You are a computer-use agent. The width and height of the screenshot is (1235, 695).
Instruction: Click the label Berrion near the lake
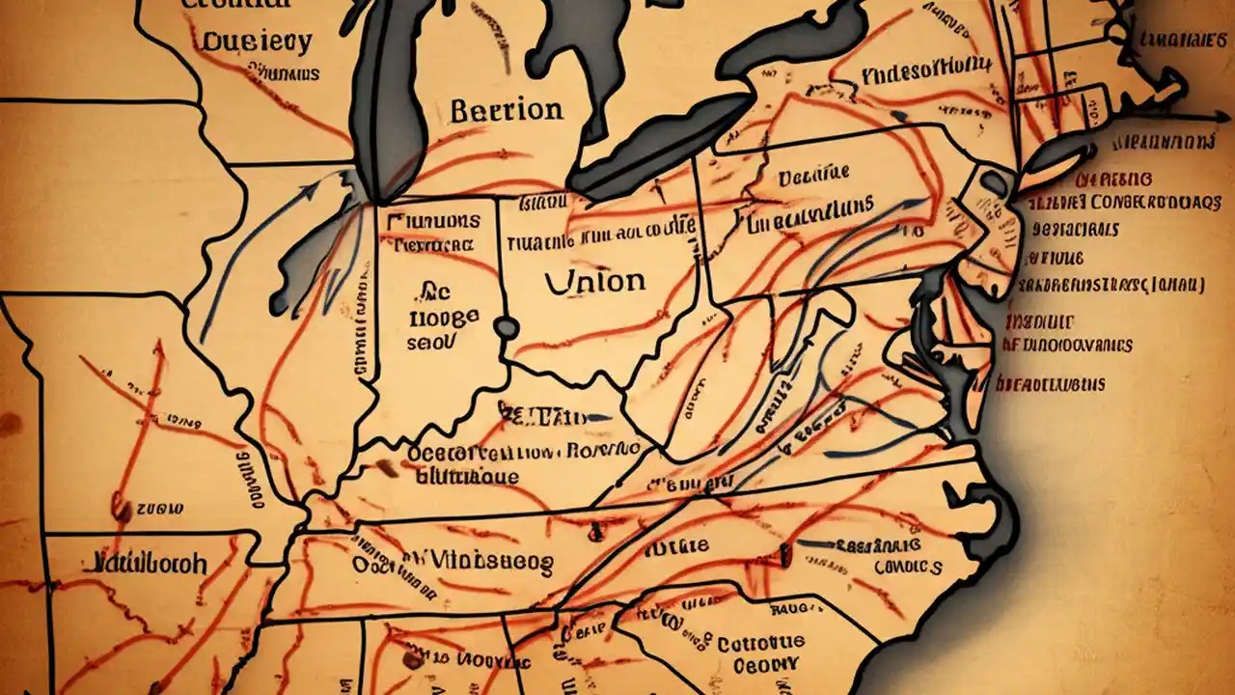point(506,110)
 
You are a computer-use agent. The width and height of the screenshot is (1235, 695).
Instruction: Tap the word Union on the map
point(595,281)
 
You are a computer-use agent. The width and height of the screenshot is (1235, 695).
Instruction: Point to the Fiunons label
point(432,220)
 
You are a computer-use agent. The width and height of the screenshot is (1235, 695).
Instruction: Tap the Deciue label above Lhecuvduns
point(812,175)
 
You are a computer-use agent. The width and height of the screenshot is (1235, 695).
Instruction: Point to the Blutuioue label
point(468,477)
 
